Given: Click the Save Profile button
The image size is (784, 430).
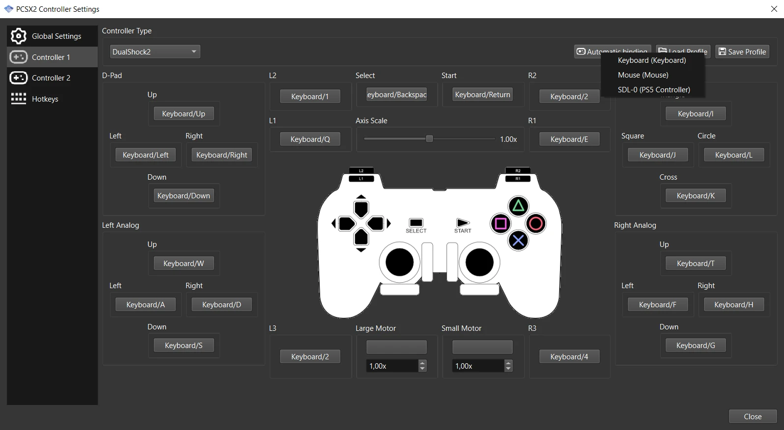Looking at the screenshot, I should coord(742,52).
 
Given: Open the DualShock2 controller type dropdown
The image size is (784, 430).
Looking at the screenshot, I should coord(155,52).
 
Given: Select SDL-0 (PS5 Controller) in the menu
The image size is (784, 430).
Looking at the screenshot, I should coord(653,90).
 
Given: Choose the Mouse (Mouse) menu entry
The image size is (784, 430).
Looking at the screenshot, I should coord(643,75).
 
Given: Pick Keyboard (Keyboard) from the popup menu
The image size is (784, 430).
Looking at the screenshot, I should coord(651,60).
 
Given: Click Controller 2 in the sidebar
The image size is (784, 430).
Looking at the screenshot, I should coord(51,78).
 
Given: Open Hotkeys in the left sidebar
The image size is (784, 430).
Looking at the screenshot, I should coord(45,99).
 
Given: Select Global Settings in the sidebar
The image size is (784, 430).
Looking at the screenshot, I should coord(56,36).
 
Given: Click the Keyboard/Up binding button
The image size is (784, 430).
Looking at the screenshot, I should coord(184,114).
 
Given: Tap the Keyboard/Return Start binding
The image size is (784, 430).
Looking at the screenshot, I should coord(482,95).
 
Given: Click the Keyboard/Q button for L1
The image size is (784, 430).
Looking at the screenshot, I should coord(310,139).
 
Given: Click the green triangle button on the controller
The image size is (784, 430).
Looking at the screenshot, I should coord(518,206).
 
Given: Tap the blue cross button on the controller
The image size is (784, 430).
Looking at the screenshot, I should coord(518,241).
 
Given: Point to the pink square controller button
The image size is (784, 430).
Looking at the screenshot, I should coord(501,224).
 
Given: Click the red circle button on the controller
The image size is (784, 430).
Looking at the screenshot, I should coord(536,224).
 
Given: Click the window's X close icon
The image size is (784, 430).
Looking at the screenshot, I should coord(774,9).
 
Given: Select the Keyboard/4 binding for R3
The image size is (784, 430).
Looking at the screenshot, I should coord(569,357).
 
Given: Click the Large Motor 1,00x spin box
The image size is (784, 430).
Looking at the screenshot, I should coord(392,366).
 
